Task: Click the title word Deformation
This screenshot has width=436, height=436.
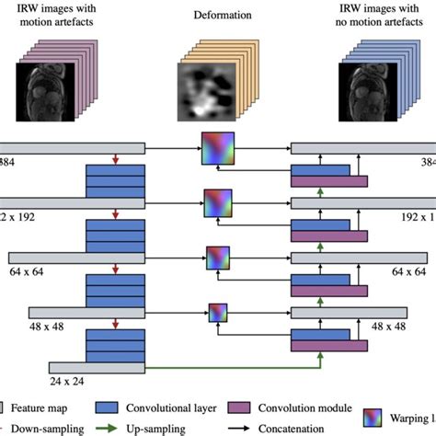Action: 217,17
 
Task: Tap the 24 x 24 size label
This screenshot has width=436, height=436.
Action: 68,379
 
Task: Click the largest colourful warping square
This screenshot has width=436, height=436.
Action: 218,148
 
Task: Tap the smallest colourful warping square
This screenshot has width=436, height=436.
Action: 218,313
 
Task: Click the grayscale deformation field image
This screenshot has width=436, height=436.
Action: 207,88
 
